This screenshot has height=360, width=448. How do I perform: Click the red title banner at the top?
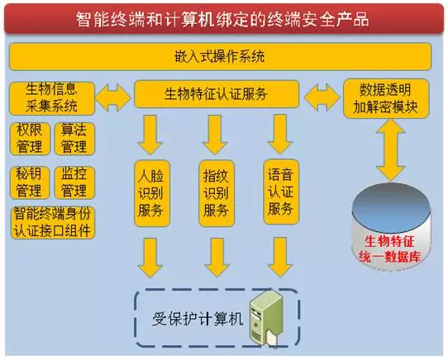click(x=224, y=18)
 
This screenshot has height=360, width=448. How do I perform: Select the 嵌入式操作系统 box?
click(x=220, y=56)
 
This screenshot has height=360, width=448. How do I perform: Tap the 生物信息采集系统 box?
click(x=52, y=98)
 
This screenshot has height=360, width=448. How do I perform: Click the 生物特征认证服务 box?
click(x=217, y=94)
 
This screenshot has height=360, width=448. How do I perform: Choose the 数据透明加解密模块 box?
click(x=386, y=98)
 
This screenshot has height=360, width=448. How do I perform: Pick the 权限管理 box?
click(x=30, y=139)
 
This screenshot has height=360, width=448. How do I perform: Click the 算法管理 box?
click(x=74, y=139)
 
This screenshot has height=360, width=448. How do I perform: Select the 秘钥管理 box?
click(x=30, y=182)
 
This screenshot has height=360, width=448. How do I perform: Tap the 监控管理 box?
click(x=74, y=182)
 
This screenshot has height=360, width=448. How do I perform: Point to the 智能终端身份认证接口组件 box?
click(x=53, y=223)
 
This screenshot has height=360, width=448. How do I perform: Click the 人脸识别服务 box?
click(x=152, y=193)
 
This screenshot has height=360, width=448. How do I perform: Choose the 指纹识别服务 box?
click(x=217, y=193)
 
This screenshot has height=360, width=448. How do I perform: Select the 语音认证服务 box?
click(x=281, y=192)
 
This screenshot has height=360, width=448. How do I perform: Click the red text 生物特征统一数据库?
click(x=390, y=249)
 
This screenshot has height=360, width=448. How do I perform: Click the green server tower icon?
click(x=265, y=317)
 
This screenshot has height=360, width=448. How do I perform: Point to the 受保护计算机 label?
click(x=198, y=319)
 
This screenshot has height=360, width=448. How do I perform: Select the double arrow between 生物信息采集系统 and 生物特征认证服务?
click(x=113, y=97)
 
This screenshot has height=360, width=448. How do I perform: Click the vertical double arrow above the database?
click(x=390, y=150)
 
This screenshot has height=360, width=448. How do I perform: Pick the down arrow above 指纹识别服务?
click(x=215, y=135)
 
